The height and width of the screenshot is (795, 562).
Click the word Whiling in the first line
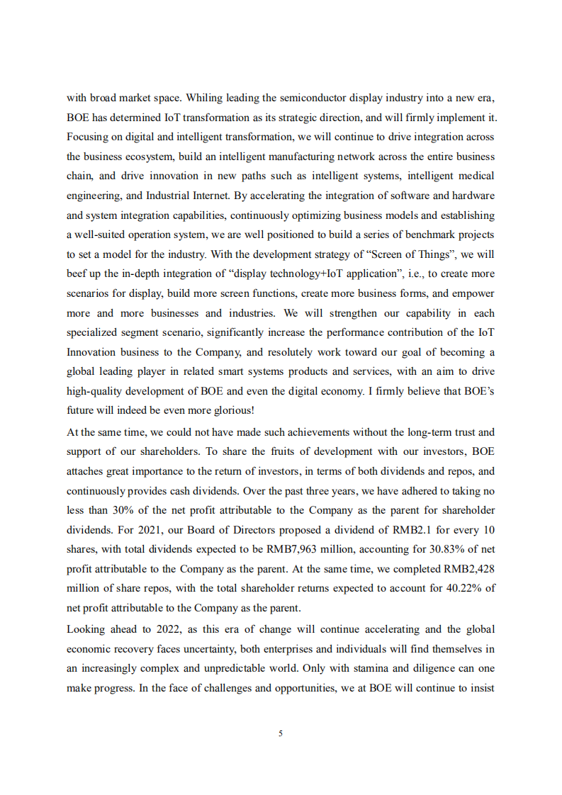(x=203, y=97)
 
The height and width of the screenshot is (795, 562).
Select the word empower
(x=473, y=293)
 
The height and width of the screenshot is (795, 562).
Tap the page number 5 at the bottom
(x=281, y=733)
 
